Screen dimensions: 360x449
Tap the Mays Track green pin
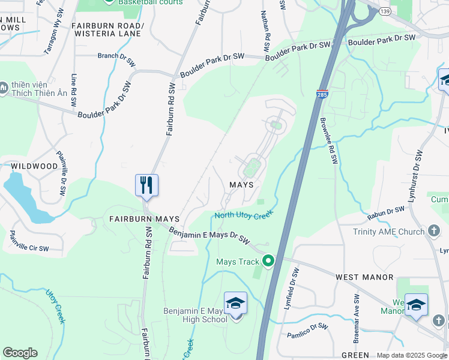268,261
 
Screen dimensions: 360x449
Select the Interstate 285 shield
322,94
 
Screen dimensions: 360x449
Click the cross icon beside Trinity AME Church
435,232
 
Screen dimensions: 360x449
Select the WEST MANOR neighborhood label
364,277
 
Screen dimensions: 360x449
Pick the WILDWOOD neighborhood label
34,166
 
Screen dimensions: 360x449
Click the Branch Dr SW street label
116,56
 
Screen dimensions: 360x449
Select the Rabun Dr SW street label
387,211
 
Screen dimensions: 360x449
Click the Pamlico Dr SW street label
307,331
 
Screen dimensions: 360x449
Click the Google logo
20,353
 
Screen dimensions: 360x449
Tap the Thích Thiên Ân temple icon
4,88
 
